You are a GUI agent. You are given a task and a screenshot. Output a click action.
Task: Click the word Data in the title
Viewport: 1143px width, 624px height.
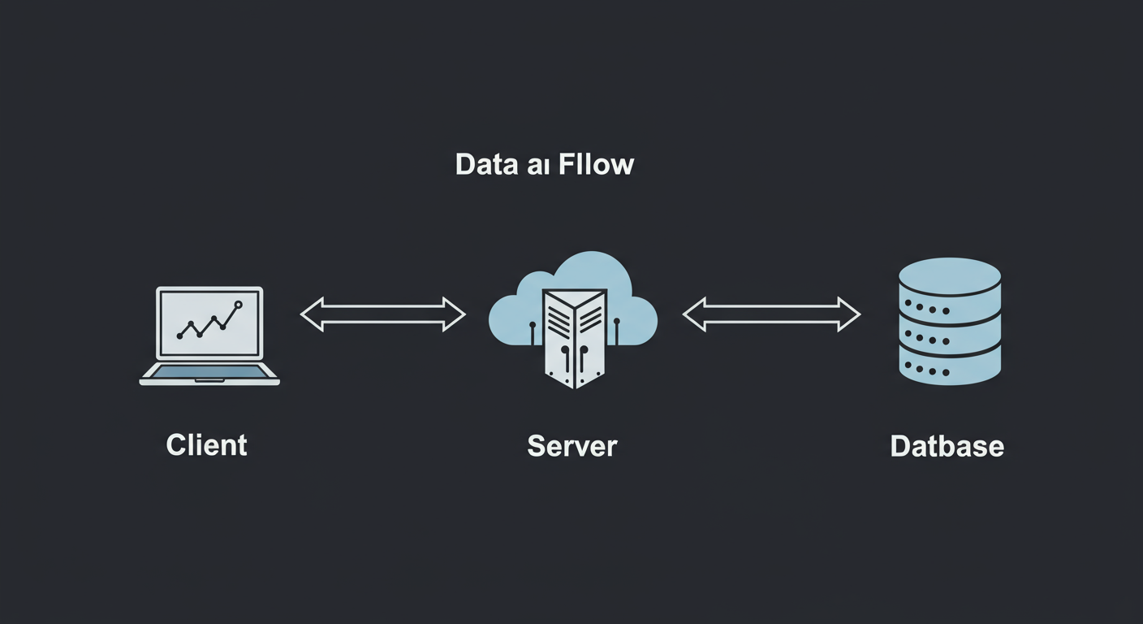pyautogui.click(x=485, y=165)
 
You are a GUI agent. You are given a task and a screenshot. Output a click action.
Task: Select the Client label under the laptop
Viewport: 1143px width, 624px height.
pyautogui.click(x=206, y=445)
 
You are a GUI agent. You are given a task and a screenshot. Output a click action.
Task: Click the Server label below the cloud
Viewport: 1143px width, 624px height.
pyautogui.click(x=572, y=446)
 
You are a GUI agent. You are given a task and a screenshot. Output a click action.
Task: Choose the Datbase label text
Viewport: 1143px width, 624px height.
pyautogui.click(x=947, y=446)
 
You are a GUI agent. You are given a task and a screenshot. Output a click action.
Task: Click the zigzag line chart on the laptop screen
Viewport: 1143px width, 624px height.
pyautogui.click(x=208, y=323)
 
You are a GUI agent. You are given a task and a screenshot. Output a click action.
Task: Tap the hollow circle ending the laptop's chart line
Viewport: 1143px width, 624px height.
pyautogui.click(x=238, y=305)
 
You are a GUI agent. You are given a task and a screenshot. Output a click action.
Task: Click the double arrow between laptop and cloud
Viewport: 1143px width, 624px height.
pyautogui.click(x=383, y=314)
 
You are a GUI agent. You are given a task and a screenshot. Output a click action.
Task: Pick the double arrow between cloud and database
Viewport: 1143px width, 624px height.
pyautogui.click(x=771, y=314)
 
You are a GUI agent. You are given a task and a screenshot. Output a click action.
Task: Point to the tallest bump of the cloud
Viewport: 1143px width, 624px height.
pyautogui.click(x=591, y=268)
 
